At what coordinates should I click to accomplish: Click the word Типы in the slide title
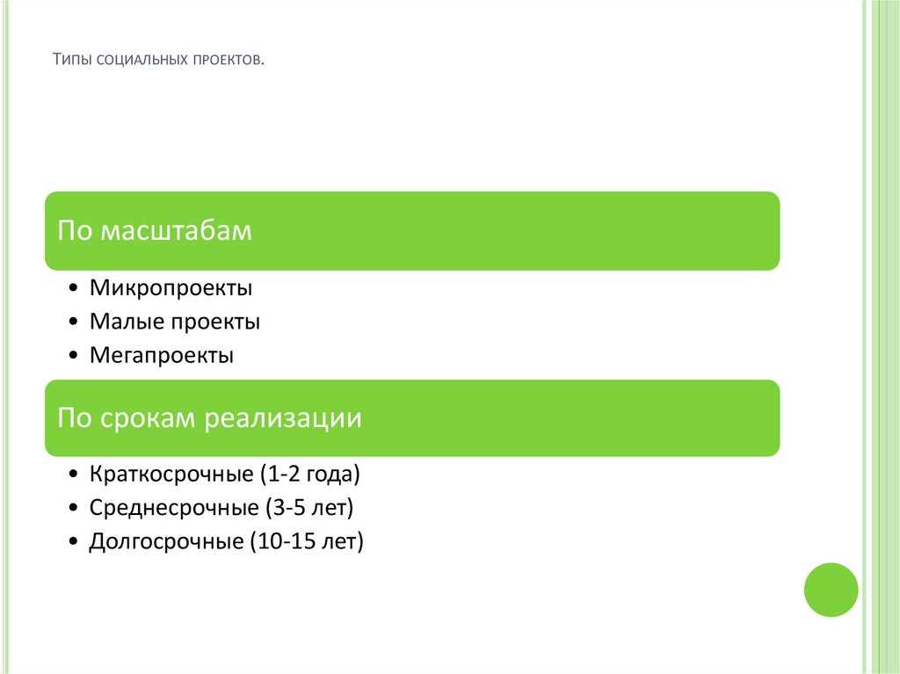[x=71, y=61]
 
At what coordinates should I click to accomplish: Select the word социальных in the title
[x=135, y=61]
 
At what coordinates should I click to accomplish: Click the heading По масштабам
[x=155, y=231]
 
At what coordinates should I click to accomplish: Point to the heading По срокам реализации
[x=209, y=417]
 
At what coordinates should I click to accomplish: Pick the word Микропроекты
[x=171, y=287]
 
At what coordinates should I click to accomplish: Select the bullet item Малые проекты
[x=174, y=322]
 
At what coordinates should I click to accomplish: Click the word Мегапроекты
[x=161, y=356]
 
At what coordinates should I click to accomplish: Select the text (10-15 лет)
[x=307, y=542]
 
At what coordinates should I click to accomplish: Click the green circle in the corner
[x=831, y=589]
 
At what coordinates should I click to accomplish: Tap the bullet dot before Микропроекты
[x=71, y=289]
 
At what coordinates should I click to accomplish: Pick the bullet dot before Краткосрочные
[x=71, y=475]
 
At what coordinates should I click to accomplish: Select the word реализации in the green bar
[x=283, y=417]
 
